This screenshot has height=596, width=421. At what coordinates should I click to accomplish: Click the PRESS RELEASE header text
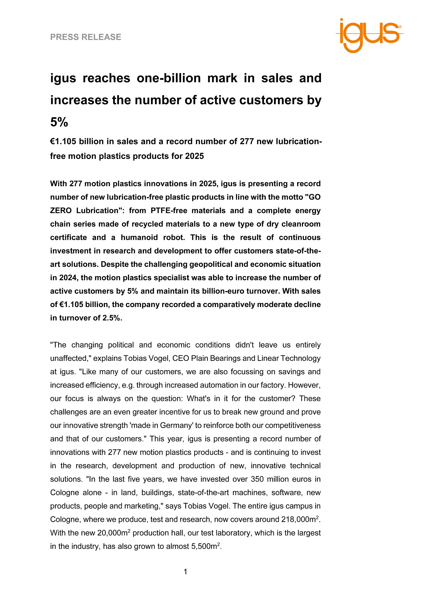click(x=85, y=37)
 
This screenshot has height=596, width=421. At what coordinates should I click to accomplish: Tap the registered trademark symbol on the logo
click(x=400, y=26)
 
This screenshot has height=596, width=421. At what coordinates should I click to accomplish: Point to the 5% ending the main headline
click(x=59, y=122)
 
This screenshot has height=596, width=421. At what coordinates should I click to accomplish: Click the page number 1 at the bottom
click(x=185, y=572)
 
